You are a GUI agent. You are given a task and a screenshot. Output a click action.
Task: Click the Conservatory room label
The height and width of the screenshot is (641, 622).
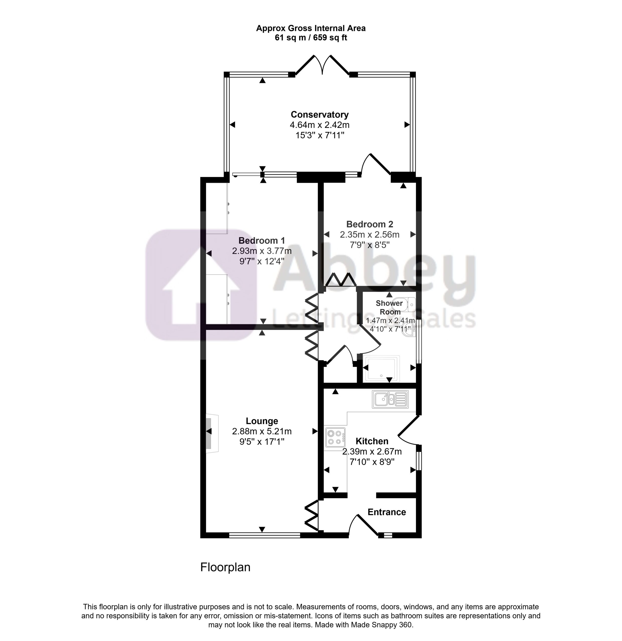[x=320, y=115]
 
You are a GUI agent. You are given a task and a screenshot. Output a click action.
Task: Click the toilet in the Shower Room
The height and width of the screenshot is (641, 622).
[x=407, y=304]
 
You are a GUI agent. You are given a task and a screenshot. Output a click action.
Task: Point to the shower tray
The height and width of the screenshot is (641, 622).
[x=382, y=369]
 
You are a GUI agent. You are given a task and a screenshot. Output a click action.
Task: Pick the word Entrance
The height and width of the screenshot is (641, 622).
[x=387, y=512]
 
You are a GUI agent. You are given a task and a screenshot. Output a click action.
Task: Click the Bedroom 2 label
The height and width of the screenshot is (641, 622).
[x=370, y=224]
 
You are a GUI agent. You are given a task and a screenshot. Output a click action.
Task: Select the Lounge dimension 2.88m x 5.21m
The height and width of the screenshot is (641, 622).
[x=262, y=431]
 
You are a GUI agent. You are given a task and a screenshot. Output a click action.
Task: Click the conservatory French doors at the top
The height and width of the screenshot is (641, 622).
[x=323, y=65]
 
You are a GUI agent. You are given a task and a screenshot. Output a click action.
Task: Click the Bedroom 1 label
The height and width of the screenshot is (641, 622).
[x=262, y=241]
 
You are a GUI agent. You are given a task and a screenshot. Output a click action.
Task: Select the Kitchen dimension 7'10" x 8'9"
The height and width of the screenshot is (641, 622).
[x=372, y=462]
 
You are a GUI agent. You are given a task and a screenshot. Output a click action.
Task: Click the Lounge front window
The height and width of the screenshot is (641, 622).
[x=265, y=535]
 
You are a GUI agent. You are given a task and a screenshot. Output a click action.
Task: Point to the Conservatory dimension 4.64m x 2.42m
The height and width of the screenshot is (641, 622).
[x=320, y=125]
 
